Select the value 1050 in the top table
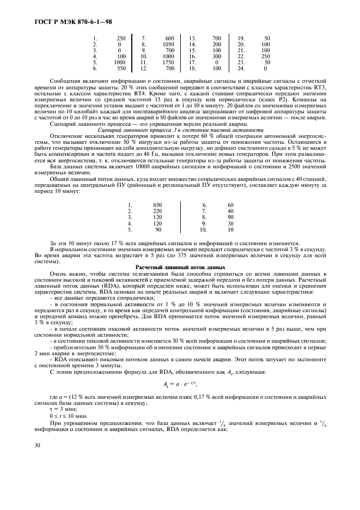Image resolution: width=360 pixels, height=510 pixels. (x=167, y=44)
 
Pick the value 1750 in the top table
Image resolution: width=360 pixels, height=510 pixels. (x=167, y=63)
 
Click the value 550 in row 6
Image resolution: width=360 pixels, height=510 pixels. (x=120, y=69)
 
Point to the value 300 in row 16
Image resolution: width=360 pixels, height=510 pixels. (x=216, y=56)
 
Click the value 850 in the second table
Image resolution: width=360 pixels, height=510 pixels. (x=157, y=205)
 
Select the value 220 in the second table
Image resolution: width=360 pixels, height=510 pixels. (x=157, y=211)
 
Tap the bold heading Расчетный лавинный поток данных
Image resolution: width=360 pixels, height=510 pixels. (x=180, y=268)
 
